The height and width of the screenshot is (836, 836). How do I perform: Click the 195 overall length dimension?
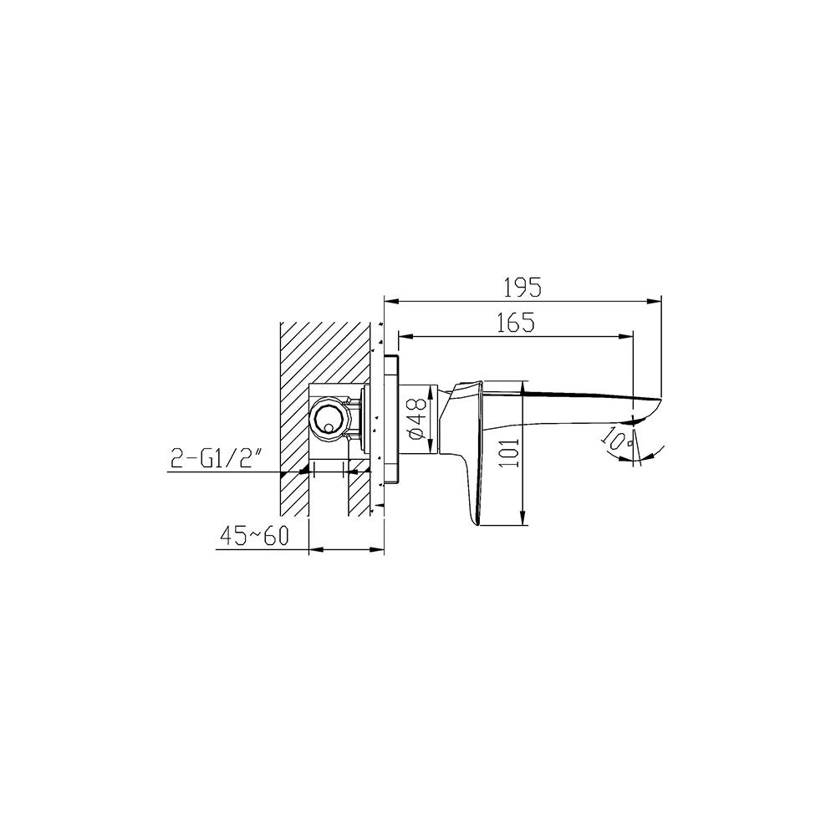click(x=522, y=287)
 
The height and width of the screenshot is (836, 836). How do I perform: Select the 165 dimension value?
click(x=516, y=323)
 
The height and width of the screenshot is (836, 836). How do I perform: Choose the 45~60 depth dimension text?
click(x=254, y=536)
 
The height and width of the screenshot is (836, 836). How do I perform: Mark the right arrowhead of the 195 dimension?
click(x=656, y=300)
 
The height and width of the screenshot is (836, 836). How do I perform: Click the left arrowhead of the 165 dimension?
click(x=402, y=337)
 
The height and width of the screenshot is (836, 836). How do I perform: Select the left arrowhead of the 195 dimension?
click(x=388, y=300)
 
